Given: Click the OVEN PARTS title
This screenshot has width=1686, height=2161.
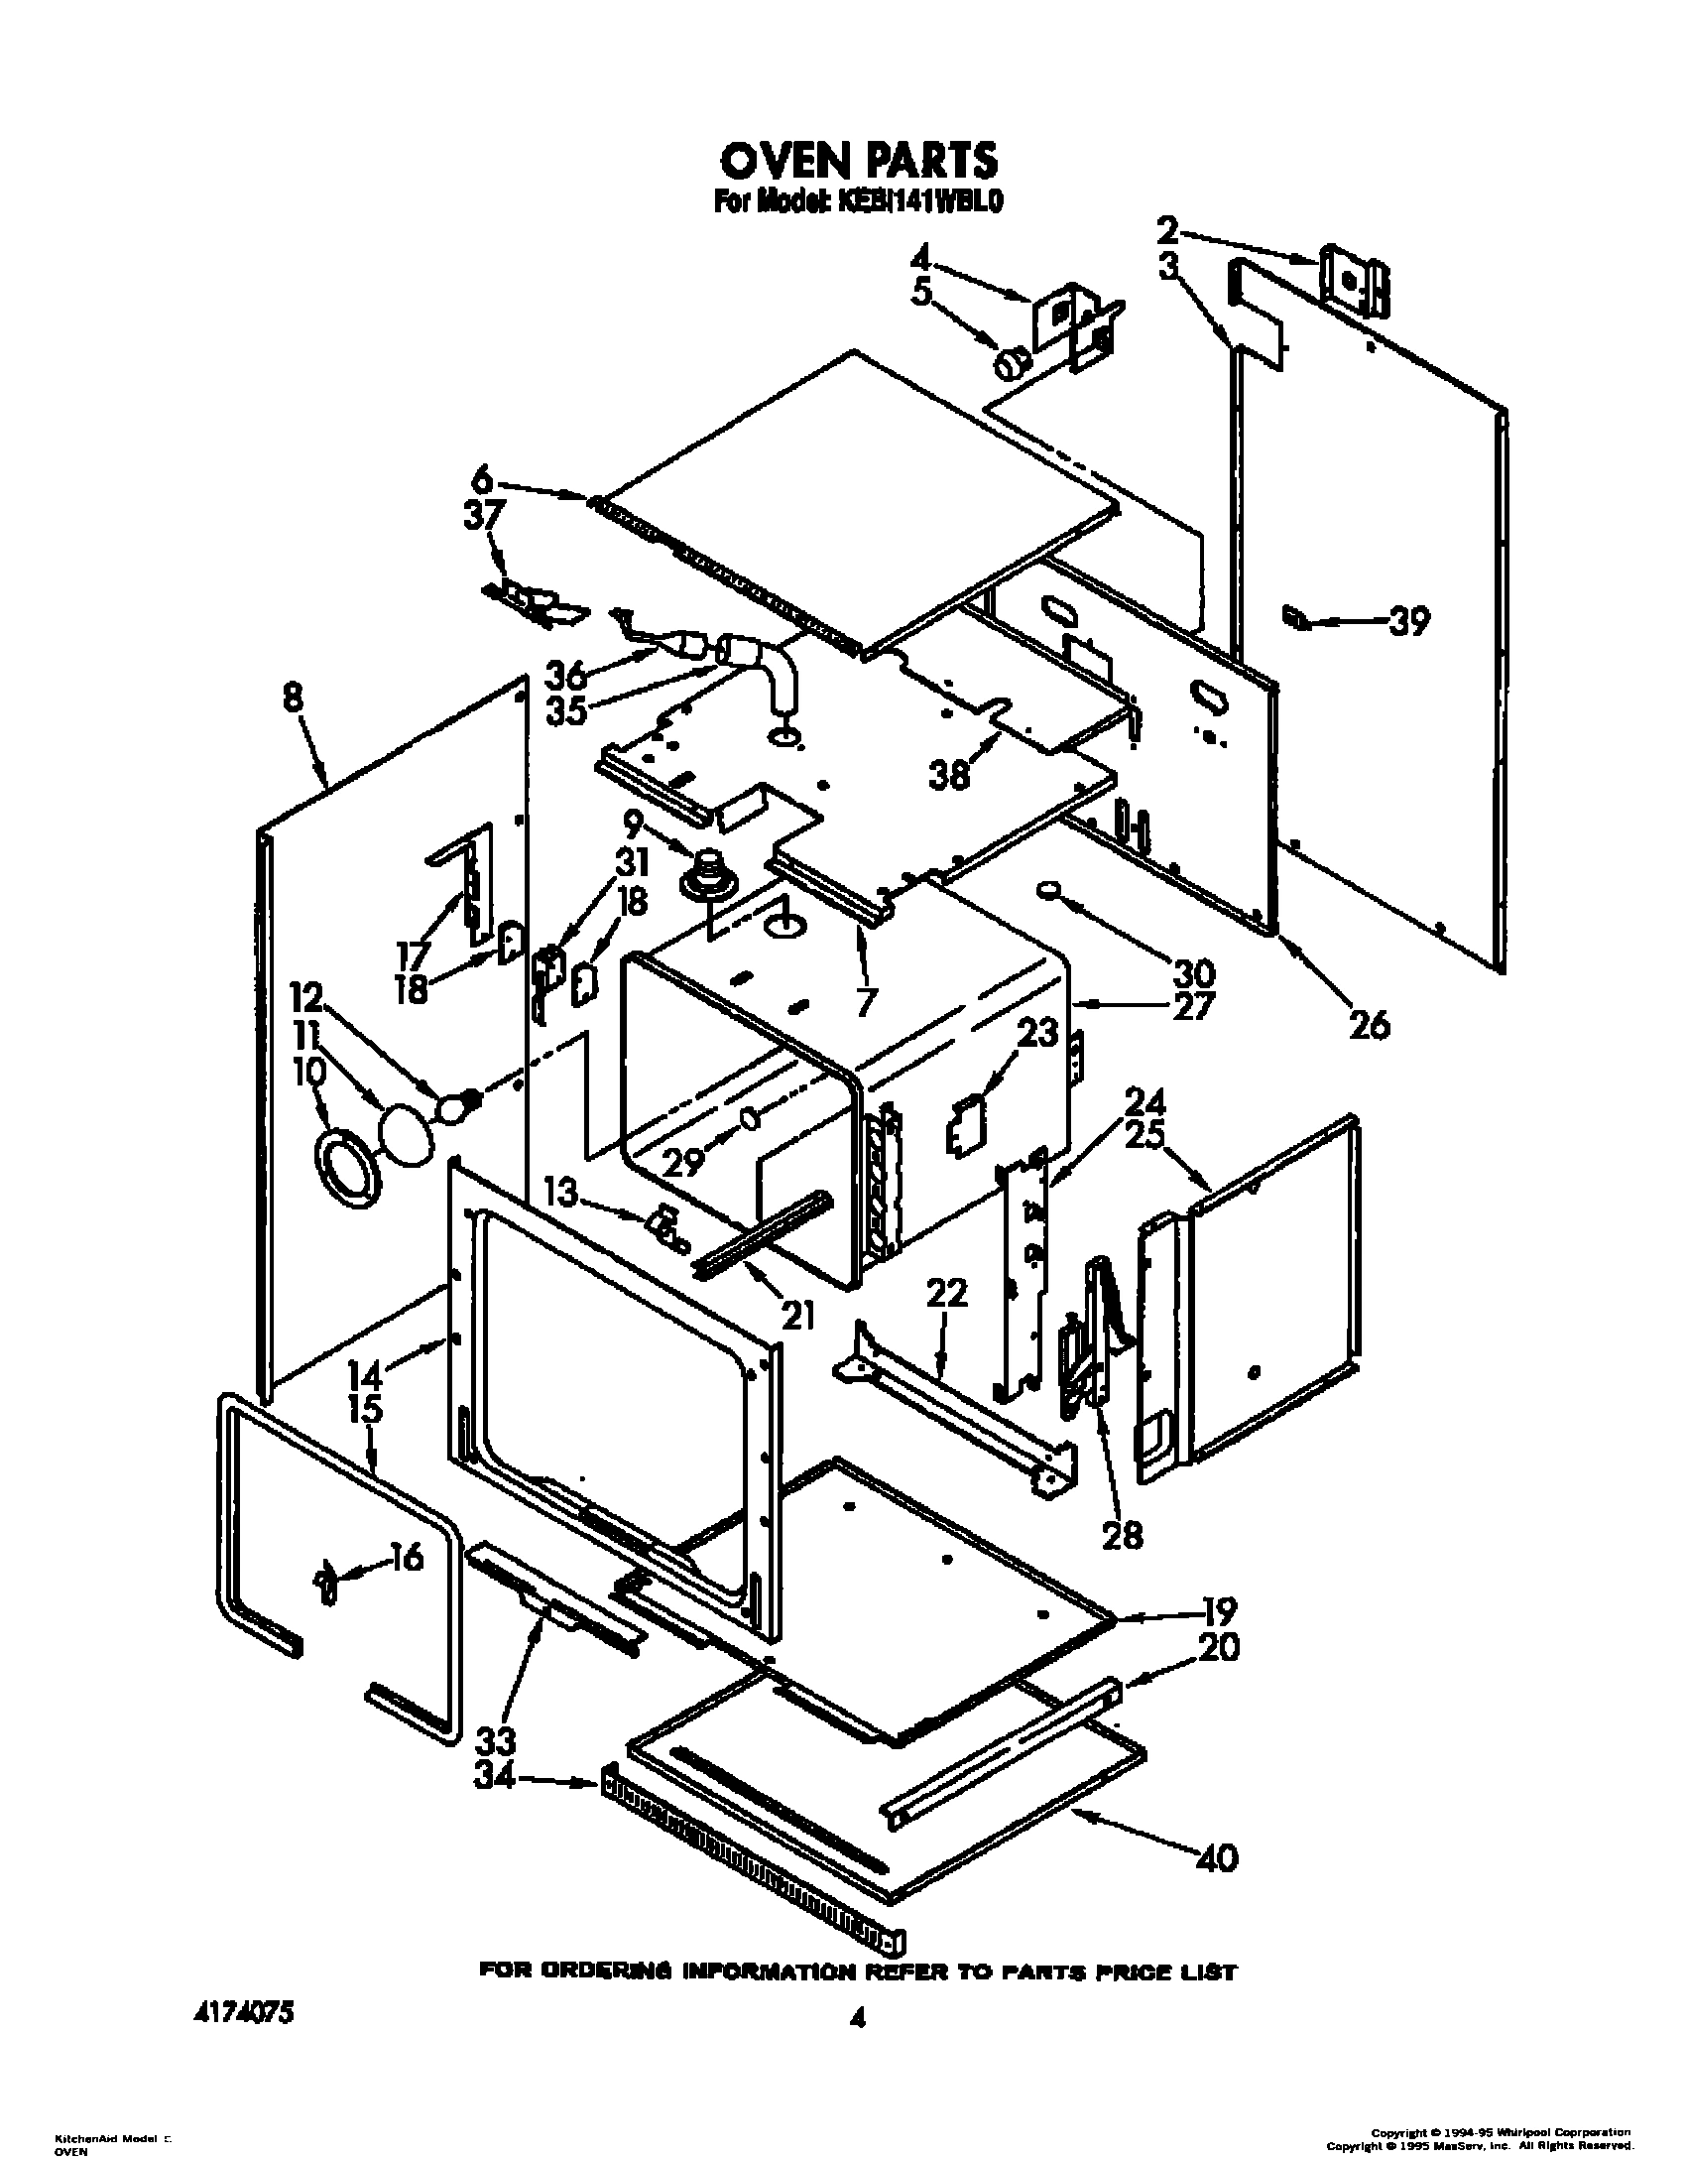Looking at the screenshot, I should pos(858,159).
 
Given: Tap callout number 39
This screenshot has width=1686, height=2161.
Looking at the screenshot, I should pos(1408,622).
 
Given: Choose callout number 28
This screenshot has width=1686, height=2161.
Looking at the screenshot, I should pos(1122,1534).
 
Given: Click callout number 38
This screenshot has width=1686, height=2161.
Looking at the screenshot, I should pos(949,775).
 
